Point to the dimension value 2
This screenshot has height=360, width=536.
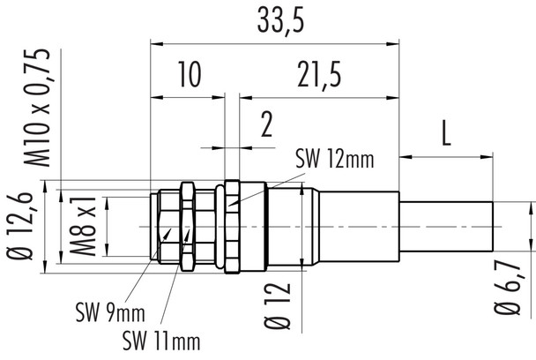tap(265, 126)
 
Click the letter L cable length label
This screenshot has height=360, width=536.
tap(446, 134)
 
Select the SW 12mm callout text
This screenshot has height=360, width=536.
tap(333, 160)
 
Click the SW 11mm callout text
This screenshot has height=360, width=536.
tap(161, 340)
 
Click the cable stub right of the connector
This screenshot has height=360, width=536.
tap(445, 227)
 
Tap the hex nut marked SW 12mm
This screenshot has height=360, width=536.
tap(233, 227)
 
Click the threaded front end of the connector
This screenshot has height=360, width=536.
tap(164, 227)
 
